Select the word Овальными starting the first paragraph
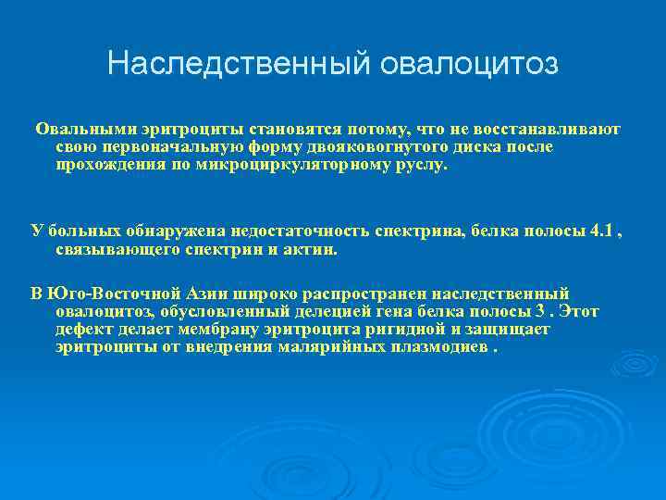(77, 130)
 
